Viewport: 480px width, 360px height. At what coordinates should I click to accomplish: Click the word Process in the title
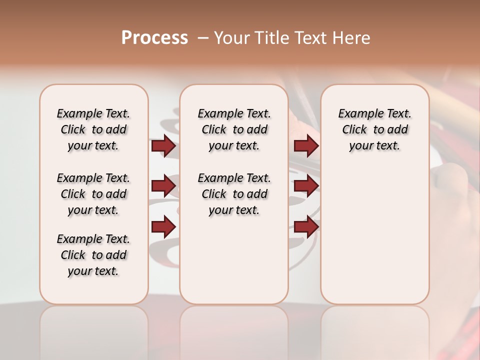point(154,38)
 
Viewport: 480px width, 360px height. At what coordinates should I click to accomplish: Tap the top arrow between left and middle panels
point(163,146)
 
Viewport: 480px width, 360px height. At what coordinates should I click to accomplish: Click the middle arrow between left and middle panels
point(163,186)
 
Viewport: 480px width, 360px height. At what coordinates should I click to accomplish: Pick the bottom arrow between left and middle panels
point(163,227)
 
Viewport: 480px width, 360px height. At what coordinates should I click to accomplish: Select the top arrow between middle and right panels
point(306,146)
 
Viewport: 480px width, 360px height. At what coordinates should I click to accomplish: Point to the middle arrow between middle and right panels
point(306,186)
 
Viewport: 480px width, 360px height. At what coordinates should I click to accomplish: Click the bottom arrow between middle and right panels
point(306,227)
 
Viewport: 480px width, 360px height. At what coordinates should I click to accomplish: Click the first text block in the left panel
point(93,129)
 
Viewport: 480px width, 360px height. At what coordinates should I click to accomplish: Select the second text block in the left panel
point(93,194)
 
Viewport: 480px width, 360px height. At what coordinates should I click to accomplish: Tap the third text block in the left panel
point(93,255)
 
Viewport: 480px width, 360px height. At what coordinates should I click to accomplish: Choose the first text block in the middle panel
point(234,129)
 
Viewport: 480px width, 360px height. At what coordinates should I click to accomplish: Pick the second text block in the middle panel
point(234,194)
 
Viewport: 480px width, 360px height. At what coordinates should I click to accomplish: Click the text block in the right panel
point(374,129)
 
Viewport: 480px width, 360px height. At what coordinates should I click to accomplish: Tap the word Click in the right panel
point(354,130)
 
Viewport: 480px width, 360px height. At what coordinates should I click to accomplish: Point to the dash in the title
point(203,38)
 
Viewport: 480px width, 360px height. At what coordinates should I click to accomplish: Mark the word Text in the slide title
point(311,38)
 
